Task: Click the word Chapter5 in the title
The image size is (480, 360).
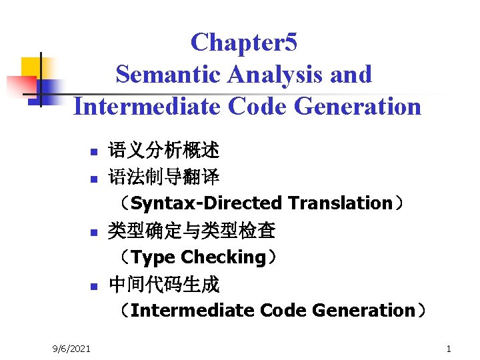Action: [x=244, y=43]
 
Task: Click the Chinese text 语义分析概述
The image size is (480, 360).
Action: [x=164, y=149]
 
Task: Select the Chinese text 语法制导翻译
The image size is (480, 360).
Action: [x=164, y=177]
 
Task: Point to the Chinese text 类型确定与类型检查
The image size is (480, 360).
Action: [x=192, y=231]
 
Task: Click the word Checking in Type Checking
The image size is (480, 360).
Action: [x=223, y=257]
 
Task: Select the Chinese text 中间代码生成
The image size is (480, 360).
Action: [x=164, y=285]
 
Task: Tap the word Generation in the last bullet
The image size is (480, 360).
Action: [x=363, y=311]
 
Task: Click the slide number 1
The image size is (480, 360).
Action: [x=449, y=348]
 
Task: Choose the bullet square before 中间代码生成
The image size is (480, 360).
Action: [x=94, y=287]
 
